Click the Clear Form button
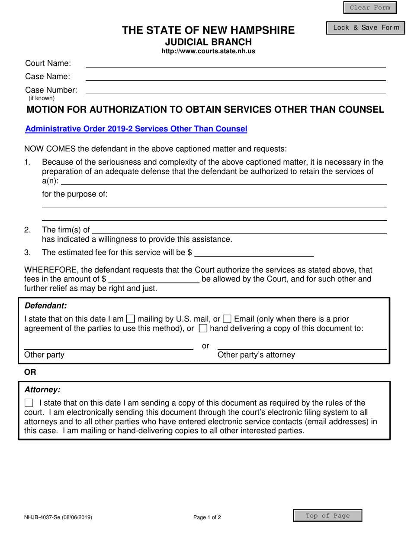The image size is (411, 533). [369, 8]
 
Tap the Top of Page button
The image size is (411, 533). [328, 516]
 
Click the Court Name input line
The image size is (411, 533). [235, 63]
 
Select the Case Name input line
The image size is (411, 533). [235, 77]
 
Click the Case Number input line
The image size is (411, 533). [235, 90]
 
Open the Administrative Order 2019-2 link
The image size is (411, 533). [136, 129]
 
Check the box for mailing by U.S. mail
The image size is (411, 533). [130, 319]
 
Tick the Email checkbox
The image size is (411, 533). [227, 319]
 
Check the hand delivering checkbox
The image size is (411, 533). [202, 329]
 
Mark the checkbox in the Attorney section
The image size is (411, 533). [29, 403]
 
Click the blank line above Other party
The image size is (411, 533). [109, 345]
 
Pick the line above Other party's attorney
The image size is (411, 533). [302, 345]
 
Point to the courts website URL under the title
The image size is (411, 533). [208, 51]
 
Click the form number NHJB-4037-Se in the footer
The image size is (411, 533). [58, 517]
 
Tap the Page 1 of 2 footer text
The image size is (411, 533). [207, 517]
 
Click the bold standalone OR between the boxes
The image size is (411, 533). [31, 372]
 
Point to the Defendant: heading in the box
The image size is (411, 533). [45, 305]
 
